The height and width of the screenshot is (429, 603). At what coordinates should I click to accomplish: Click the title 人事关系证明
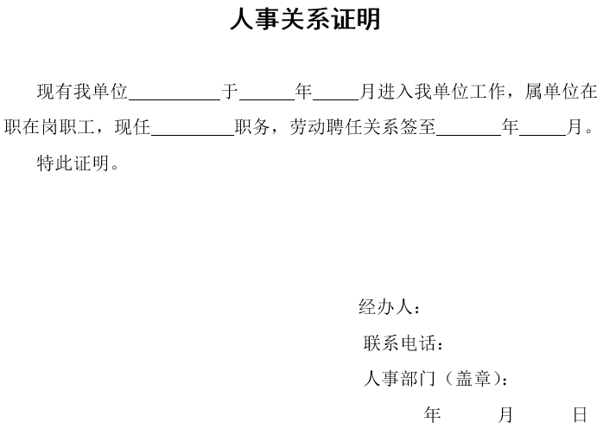pos(305,19)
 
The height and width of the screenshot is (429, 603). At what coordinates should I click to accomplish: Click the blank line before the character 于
pos(175,100)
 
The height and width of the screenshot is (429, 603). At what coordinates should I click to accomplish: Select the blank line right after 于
pos(267,100)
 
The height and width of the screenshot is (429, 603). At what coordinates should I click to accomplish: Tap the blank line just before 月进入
pos(336,100)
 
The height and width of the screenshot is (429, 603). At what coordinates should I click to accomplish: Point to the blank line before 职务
pos(193,136)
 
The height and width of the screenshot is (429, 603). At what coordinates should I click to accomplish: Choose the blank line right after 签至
pos(469,136)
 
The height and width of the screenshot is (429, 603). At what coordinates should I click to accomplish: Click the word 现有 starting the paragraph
pos(55,92)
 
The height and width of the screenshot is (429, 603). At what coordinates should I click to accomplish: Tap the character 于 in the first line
pos(230,92)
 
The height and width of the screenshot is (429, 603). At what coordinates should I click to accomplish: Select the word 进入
pos(394,92)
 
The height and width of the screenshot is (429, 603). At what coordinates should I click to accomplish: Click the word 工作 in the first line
pos(486,92)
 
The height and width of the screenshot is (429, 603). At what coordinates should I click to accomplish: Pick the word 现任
pos(132,126)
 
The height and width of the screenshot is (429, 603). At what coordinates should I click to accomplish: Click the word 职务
pos(252,126)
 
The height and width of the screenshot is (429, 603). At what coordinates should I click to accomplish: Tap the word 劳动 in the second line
pos(308,126)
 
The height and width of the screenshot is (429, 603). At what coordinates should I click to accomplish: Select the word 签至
pos(417,126)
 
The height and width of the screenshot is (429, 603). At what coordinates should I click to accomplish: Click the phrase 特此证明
pos(73,163)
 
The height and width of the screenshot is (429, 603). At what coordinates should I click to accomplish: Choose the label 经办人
pos(385,307)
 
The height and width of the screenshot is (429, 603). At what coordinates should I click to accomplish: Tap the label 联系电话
pos(400,343)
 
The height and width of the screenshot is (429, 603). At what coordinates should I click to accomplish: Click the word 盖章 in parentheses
pos(473,379)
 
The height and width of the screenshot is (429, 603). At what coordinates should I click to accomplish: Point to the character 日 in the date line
pos(581,414)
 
